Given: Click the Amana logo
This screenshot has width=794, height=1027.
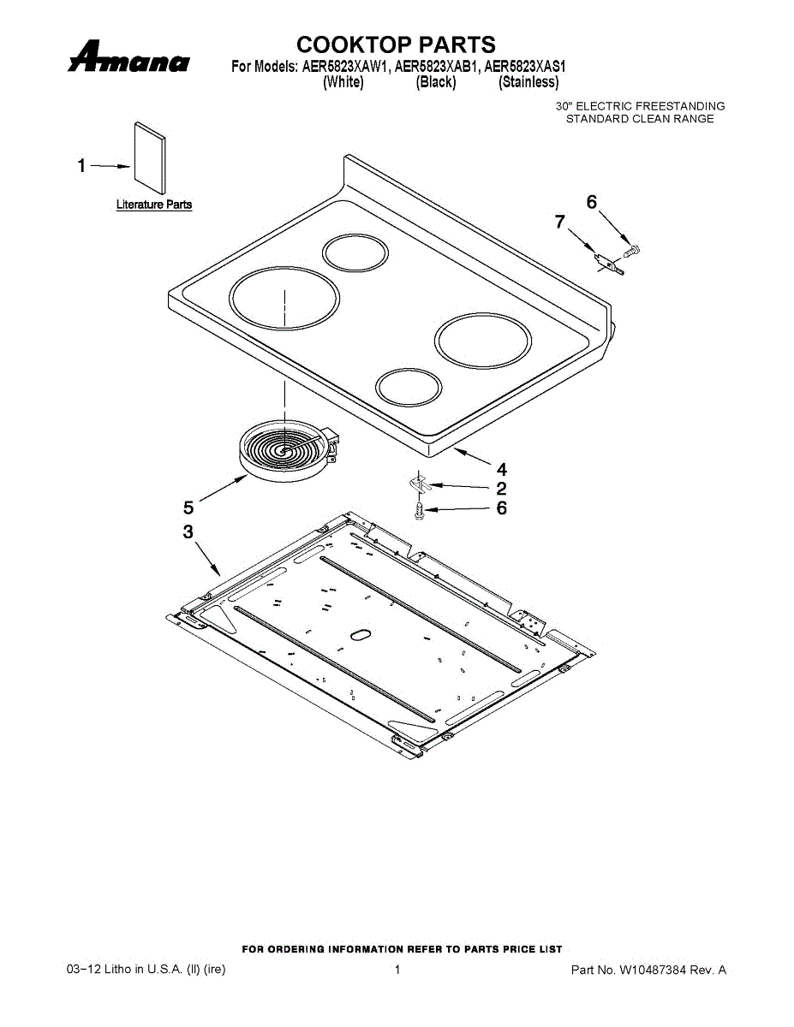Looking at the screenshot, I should pos(129,59).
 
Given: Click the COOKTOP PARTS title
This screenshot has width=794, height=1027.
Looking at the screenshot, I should pos(396,45).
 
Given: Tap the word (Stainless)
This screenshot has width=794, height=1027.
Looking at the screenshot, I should pos(528,82).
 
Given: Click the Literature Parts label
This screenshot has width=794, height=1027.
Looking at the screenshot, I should pos(154,205).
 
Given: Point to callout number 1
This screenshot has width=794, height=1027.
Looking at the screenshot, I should pos(82,166).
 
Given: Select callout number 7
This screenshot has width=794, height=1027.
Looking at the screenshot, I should pos(560,222).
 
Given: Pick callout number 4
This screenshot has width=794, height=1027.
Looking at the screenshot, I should pos(501,469).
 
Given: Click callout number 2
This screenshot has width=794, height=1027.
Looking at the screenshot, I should pos(501,489).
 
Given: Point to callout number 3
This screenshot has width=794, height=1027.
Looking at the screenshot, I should pos(188,531).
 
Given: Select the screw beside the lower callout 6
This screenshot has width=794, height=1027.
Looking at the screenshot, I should pos(419,509).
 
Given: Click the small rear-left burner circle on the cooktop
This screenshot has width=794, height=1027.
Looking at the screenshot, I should pos(355,252).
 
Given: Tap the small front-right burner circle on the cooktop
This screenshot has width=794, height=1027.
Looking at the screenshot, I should pos(409,386).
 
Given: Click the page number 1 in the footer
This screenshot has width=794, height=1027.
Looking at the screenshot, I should pos(397,970).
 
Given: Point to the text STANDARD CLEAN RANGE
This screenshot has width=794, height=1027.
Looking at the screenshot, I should pos(639,119).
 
